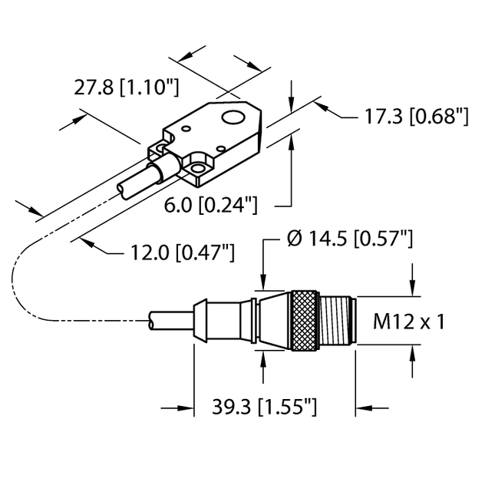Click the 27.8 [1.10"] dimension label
[126, 88]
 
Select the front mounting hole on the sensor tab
[199, 166]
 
